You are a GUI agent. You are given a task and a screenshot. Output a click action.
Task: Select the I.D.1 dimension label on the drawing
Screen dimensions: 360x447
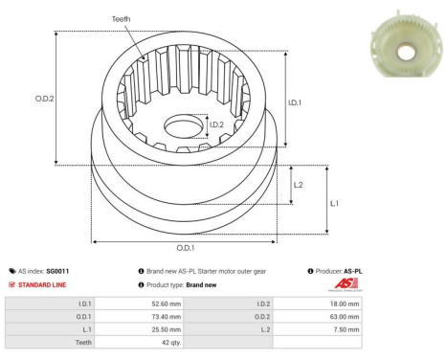pos(296,103)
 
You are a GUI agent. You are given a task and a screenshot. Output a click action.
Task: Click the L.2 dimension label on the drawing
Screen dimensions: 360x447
pos(299,185)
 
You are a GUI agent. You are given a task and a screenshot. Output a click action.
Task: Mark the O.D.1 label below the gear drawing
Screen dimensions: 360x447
pos(189,253)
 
